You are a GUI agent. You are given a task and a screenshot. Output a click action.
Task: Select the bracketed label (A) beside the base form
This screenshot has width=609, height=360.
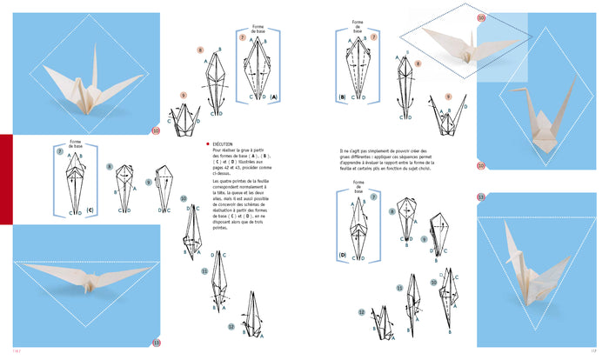[274, 97]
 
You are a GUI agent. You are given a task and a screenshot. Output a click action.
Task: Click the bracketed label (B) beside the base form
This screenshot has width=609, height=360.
[342, 97]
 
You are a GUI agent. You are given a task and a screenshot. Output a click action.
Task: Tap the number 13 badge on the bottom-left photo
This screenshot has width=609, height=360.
[157, 342]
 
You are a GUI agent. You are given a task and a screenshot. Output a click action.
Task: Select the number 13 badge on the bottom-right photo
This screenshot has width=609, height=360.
[481, 197]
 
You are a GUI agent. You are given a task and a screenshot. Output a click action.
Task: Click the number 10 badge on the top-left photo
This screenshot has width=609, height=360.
[156, 131]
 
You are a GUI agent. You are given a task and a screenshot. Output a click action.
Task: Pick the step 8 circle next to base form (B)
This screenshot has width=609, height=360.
[418, 64]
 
